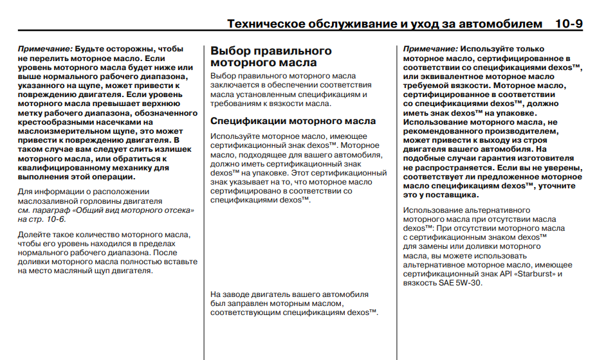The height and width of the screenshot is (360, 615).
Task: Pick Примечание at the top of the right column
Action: (430, 49)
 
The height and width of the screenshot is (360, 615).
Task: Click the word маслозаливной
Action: (45, 201)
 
